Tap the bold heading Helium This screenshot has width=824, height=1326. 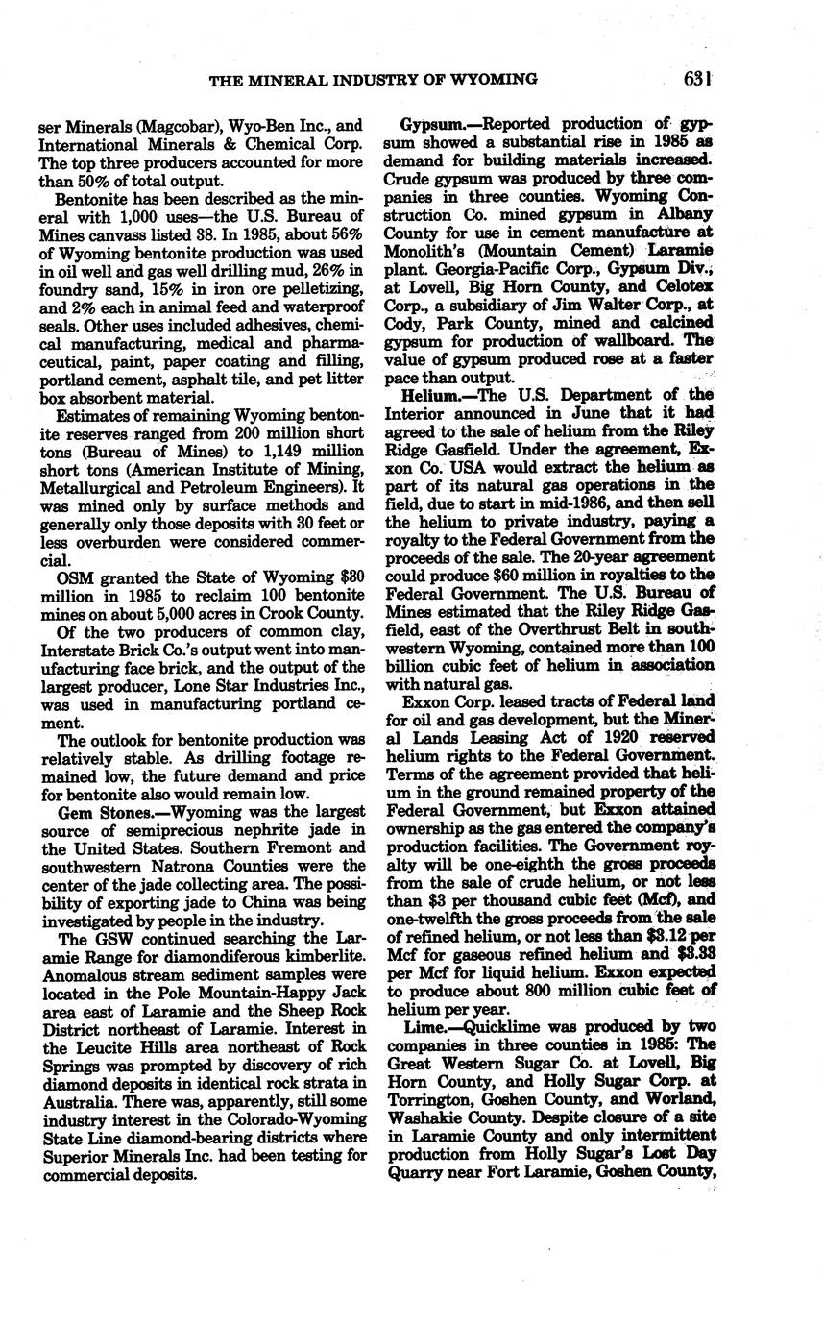click(424, 395)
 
